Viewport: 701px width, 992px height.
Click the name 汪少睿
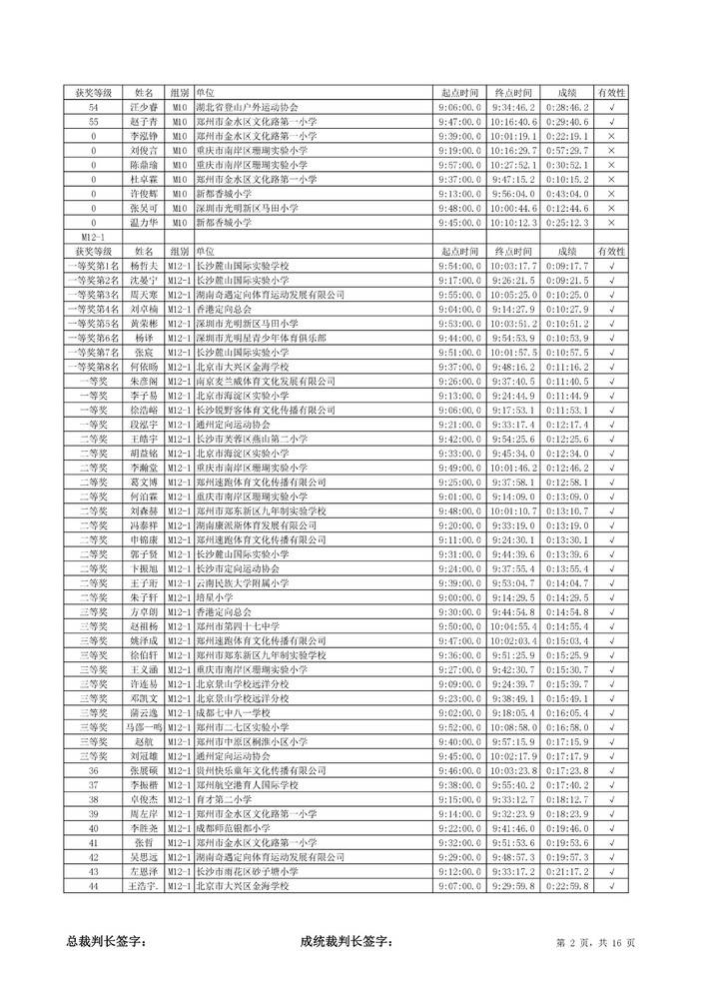click(144, 107)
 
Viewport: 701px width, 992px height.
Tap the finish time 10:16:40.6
click(514, 121)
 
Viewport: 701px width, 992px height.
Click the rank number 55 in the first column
click(94, 121)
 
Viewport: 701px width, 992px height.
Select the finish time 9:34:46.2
click(514, 107)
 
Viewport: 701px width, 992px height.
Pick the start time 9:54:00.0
click(459, 268)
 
